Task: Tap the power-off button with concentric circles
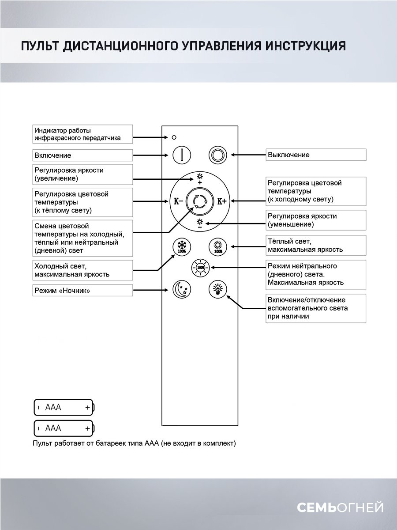pyautogui.click(x=217, y=155)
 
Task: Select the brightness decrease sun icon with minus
pyautogui.click(x=199, y=223)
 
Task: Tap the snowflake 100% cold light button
pyautogui.click(x=181, y=246)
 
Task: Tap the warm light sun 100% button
pyautogui.click(x=217, y=246)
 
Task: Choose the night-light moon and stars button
pyautogui.click(x=181, y=289)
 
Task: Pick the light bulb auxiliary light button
pyautogui.click(x=217, y=289)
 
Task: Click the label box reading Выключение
pyautogui.click(x=316, y=155)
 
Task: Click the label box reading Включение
pyautogui.click(x=83, y=155)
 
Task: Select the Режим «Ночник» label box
pyautogui.click(x=83, y=290)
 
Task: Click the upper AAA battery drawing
pyautogui.click(x=64, y=407)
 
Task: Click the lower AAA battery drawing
pyautogui.click(x=64, y=428)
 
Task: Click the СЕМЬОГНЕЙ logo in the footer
pyautogui.click(x=340, y=507)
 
